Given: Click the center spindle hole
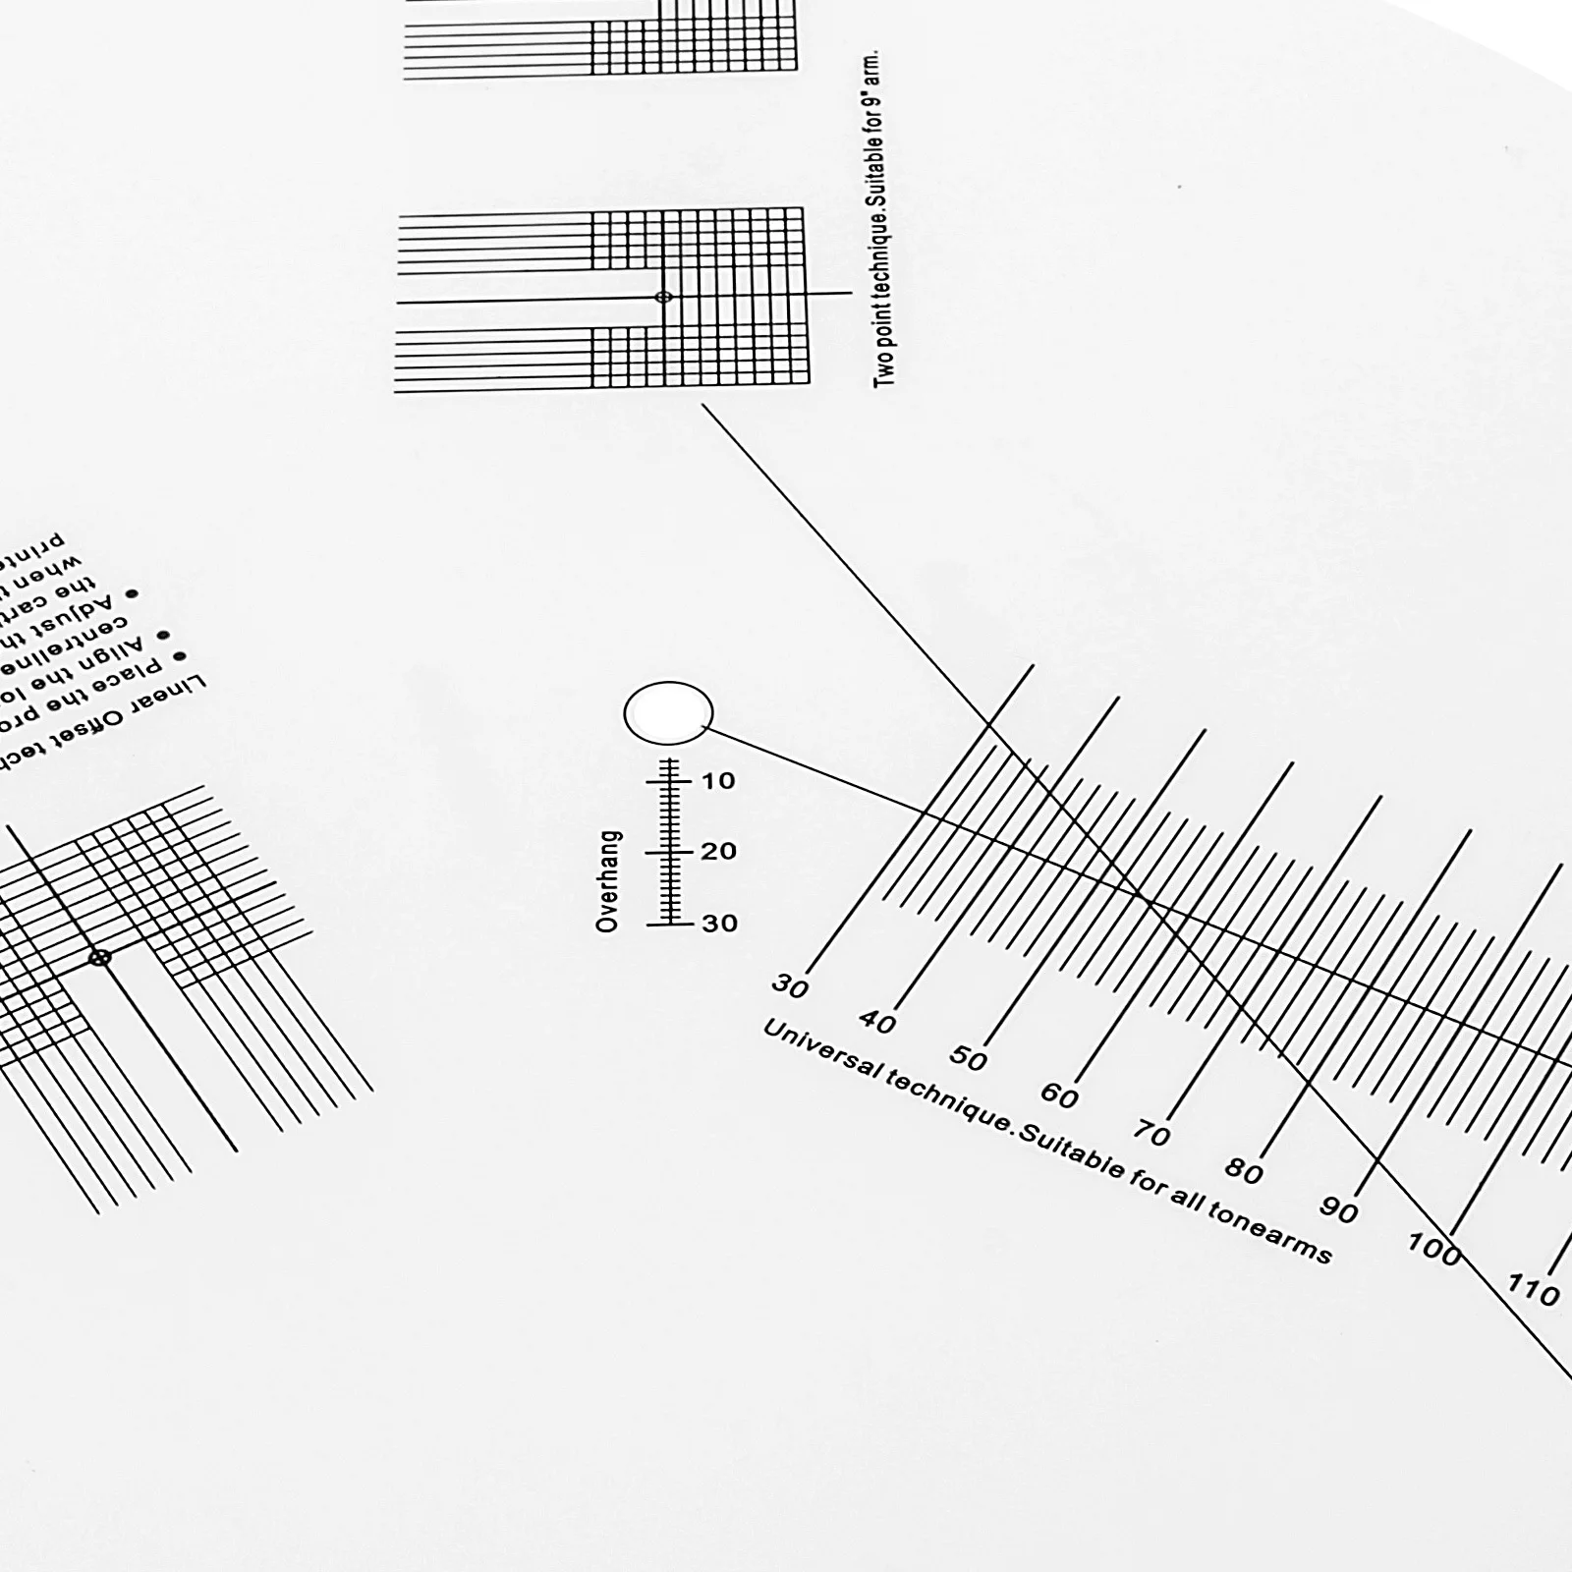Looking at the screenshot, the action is (x=668, y=713).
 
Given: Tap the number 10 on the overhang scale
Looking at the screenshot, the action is (x=718, y=781).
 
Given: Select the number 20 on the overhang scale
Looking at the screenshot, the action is (x=718, y=851).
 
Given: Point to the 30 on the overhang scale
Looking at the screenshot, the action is (x=719, y=923).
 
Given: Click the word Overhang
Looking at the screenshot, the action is (x=608, y=881).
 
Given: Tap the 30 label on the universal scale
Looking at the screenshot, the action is (x=790, y=984).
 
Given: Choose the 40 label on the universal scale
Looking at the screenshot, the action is (x=877, y=1023).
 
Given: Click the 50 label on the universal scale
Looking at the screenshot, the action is (x=968, y=1058).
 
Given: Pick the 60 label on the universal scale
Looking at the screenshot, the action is (x=1059, y=1095).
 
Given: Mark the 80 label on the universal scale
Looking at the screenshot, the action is (x=1244, y=1171).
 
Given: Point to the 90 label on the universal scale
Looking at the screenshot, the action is (x=1338, y=1210).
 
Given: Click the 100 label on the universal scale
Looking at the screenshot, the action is (x=1433, y=1248).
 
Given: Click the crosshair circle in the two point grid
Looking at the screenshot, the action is (x=663, y=297).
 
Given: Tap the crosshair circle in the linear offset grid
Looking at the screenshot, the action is (x=99, y=957).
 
